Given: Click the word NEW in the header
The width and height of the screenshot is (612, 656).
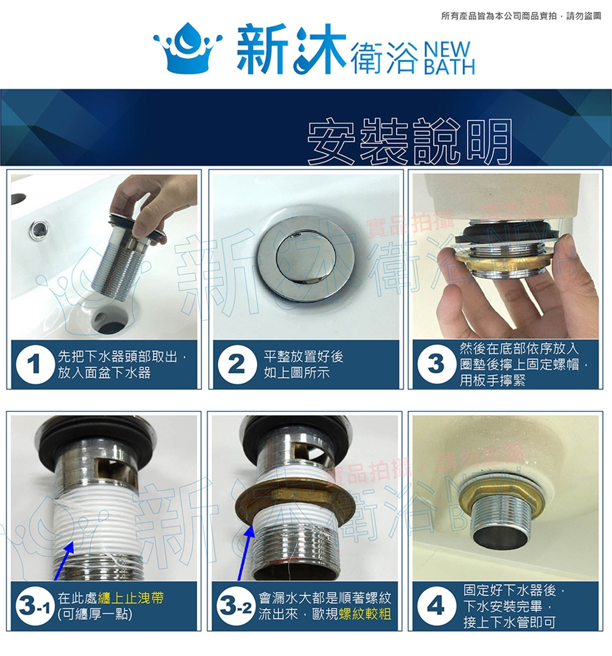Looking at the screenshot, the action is click(x=447, y=50).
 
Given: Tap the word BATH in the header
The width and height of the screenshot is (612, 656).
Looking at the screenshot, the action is click(x=449, y=67).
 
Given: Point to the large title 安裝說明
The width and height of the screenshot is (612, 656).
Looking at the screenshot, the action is click(x=409, y=141).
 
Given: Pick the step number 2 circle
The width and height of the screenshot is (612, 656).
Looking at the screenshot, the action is click(x=237, y=365).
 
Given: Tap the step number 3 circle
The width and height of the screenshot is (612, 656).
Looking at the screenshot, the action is click(x=436, y=365).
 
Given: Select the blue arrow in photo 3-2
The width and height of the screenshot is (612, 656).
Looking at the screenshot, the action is click(x=245, y=551).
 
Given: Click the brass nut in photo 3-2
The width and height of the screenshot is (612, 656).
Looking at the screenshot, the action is click(x=296, y=504).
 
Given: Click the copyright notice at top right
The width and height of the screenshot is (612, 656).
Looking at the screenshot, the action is click(x=521, y=16).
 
